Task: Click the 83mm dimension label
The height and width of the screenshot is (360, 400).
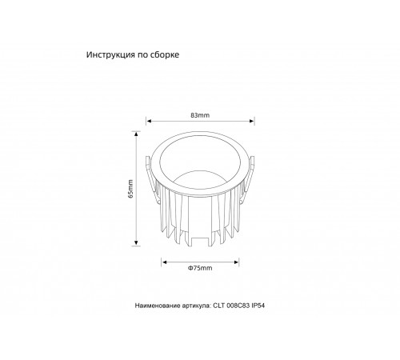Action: [200, 116]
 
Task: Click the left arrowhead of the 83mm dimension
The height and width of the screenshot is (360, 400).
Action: [147, 122]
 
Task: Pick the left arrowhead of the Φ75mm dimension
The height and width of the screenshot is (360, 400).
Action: [164, 261]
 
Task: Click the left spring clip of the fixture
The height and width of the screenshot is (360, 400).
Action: [148, 170]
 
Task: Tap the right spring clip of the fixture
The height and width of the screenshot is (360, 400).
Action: [251, 170]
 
